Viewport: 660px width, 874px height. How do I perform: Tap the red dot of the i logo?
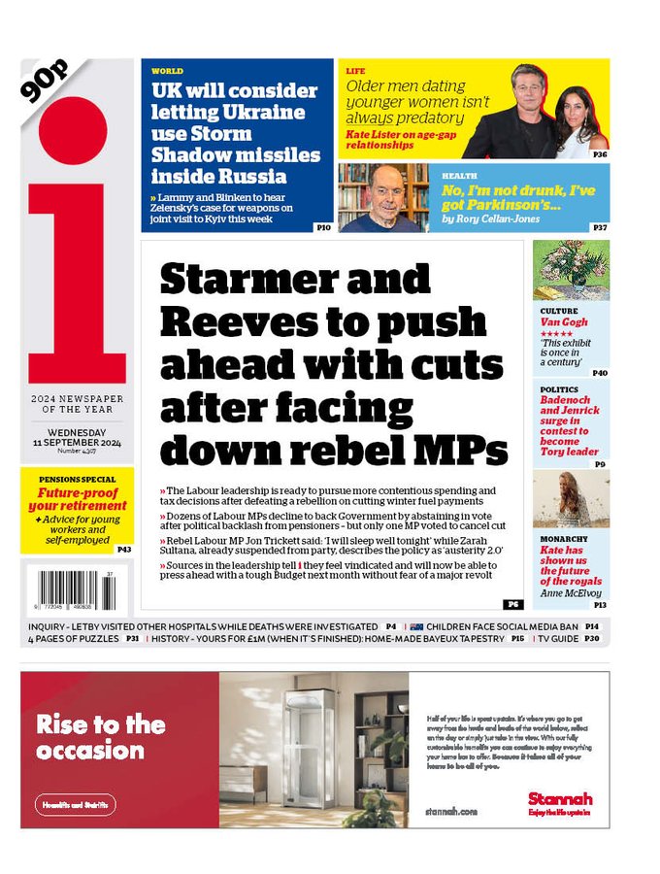(74, 129)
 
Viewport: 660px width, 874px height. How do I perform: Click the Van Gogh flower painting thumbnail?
(571, 269)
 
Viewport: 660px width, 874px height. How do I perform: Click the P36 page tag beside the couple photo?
(600, 153)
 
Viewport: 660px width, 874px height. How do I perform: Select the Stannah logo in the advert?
(560, 798)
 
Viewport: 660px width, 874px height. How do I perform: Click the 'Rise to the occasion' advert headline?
(101, 737)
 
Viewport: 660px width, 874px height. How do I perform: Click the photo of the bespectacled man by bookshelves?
(383, 197)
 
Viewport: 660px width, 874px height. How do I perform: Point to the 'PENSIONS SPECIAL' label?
(78, 479)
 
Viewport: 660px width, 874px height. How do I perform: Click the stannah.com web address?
(451, 810)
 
